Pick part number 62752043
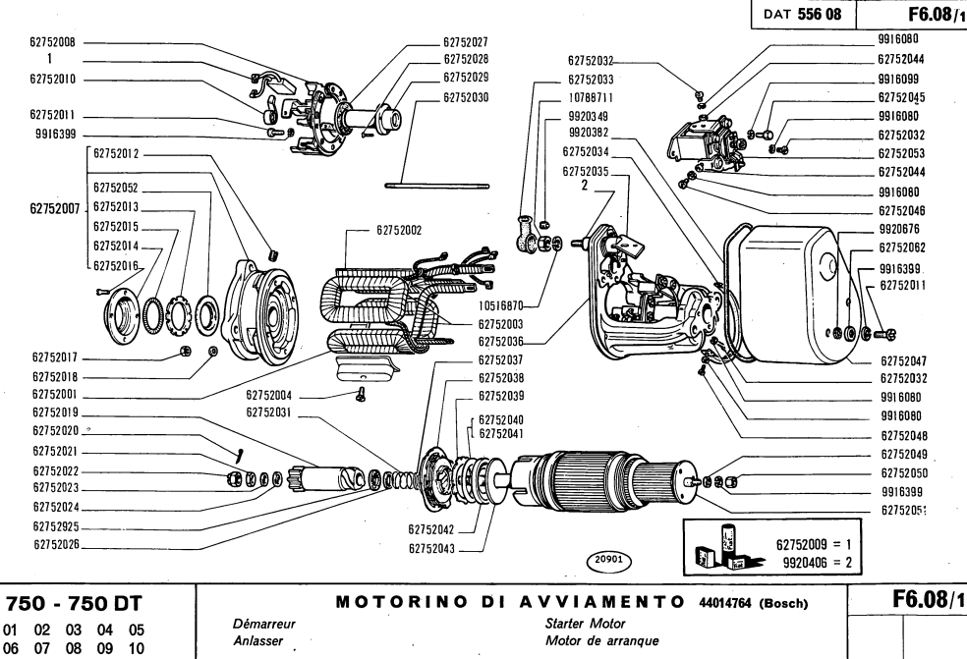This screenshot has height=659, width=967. tap(433, 549)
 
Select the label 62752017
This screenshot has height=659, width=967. tap(60, 358)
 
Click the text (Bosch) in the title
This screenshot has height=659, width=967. tap(779, 602)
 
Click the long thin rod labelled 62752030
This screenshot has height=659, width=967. tap(437, 183)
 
